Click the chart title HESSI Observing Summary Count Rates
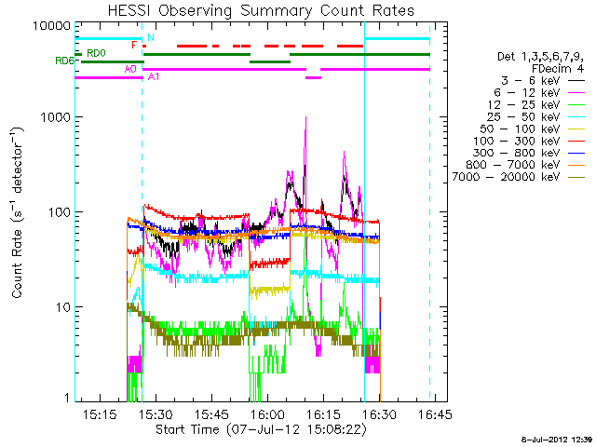261,10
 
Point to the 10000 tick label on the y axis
52,26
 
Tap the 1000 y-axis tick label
56,117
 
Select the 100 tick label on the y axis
60,211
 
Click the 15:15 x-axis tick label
100,413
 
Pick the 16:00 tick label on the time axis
267,413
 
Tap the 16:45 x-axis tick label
435,413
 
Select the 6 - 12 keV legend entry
538,93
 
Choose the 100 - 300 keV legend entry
528,141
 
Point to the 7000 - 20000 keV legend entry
518,177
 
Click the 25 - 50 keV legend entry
535,116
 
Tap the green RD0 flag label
96,53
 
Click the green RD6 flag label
64,61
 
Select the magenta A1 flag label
154,76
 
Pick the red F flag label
134,46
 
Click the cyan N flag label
151,37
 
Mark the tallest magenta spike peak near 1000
305,117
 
